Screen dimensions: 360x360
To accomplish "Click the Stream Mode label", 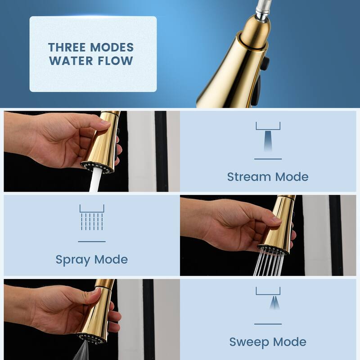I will (268, 176).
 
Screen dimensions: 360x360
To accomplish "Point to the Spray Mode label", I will (91, 259).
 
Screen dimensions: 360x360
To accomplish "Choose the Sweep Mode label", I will (268, 342).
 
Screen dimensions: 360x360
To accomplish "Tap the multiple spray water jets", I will (269, 263).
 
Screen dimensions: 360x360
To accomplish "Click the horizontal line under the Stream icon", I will (268, 159).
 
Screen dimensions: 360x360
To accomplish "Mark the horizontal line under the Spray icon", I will (91, 242).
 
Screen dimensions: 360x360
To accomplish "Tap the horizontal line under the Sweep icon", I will (268, 324).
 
